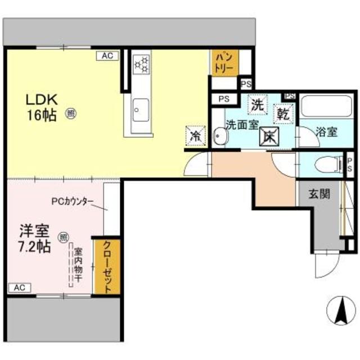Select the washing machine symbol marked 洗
coord(257,105)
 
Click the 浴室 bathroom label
coord(326,133)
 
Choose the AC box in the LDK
coord(108,56)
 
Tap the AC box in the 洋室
coord(20,287)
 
